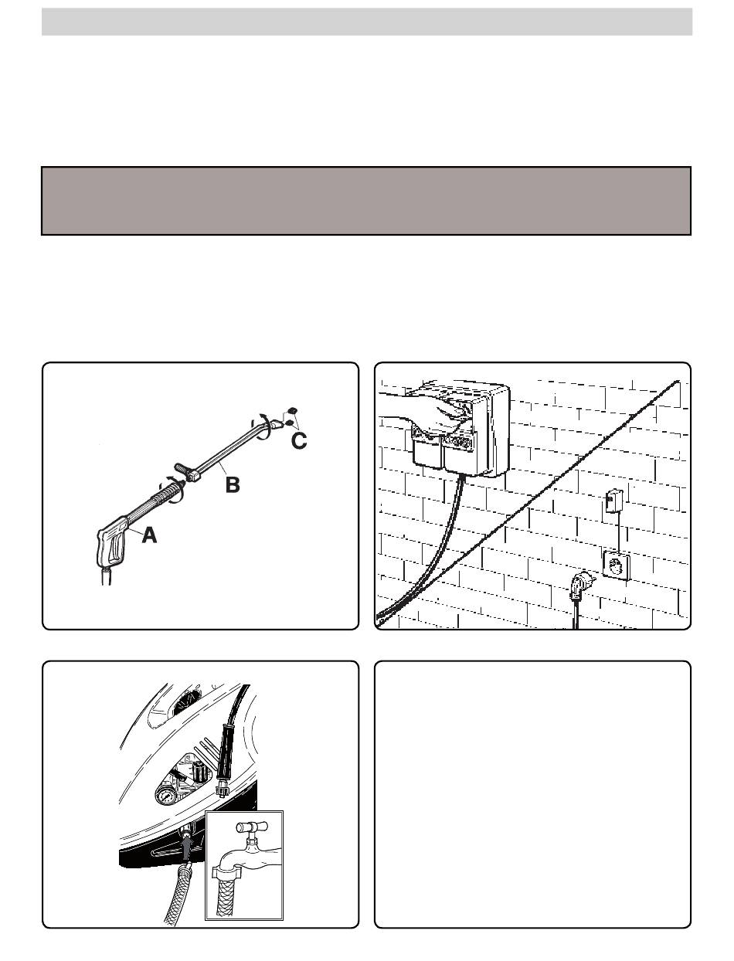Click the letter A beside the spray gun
(x=149, y=535)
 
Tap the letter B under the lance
(x=233, y=484)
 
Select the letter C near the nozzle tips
(x=299, y=441)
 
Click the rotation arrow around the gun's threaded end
(x=173, y=491)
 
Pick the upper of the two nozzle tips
(x=292, y=410)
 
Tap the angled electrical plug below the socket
(x=581, y=586)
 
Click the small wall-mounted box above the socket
(x=613, y=501)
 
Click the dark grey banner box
(x=366, y=201)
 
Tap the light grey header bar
(x=367, y=22)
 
